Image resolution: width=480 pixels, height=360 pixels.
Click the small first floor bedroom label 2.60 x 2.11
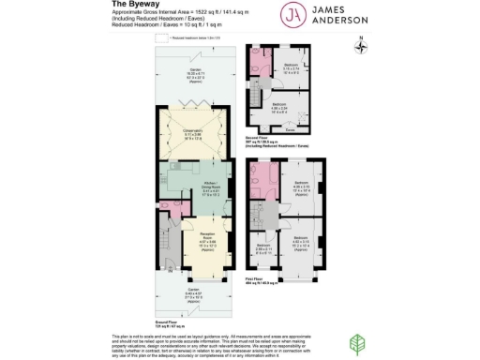tap(263, 249)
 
